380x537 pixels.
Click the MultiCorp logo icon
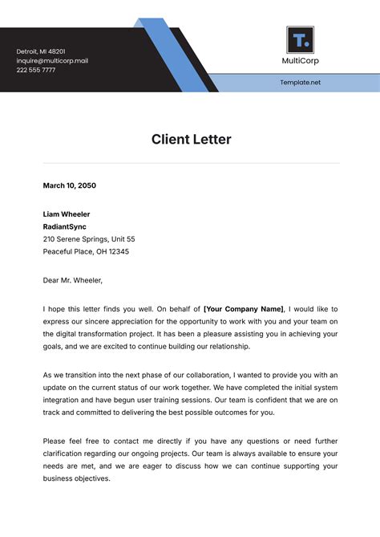pyautogui.click(x=300, y=40)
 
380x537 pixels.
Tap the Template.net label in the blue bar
pyautogui.click(x=300, y=83)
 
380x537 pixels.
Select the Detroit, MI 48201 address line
pyautogui.click(x=41, y=51)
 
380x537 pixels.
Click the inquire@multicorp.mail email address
pyautogui.click(x=52, y=61)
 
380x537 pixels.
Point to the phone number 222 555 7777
pyautogui.click(x=36, y=71)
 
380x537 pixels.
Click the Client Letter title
pyautogui.click(x=191, y=140)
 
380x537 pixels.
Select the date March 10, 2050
pyautogui.click(x=69, y=185)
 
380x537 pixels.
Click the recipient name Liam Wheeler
pyautogui.click(x=67, y=214)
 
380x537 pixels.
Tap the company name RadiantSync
pyautogui.click(x=65, y=226)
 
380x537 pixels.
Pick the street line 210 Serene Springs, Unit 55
pyautogui.click(x=89, y=239)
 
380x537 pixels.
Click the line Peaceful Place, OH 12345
pyautogui.click(x=86, y=251)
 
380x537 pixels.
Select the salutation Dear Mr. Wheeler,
pyautogui.click(x=73, y=280)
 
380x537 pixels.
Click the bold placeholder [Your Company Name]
pyautogui.click(x=244, y=309)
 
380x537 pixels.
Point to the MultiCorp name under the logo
pyautogui.click(x=300, y=62)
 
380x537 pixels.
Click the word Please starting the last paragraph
pyautogui.click(x=55, y=441)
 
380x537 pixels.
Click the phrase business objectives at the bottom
pyautogui.click(x=76, y=478)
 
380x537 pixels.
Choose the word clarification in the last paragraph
pyautogui.click(x=64, y=454)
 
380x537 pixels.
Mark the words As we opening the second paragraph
pyautogui.click(x=51, y=375)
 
